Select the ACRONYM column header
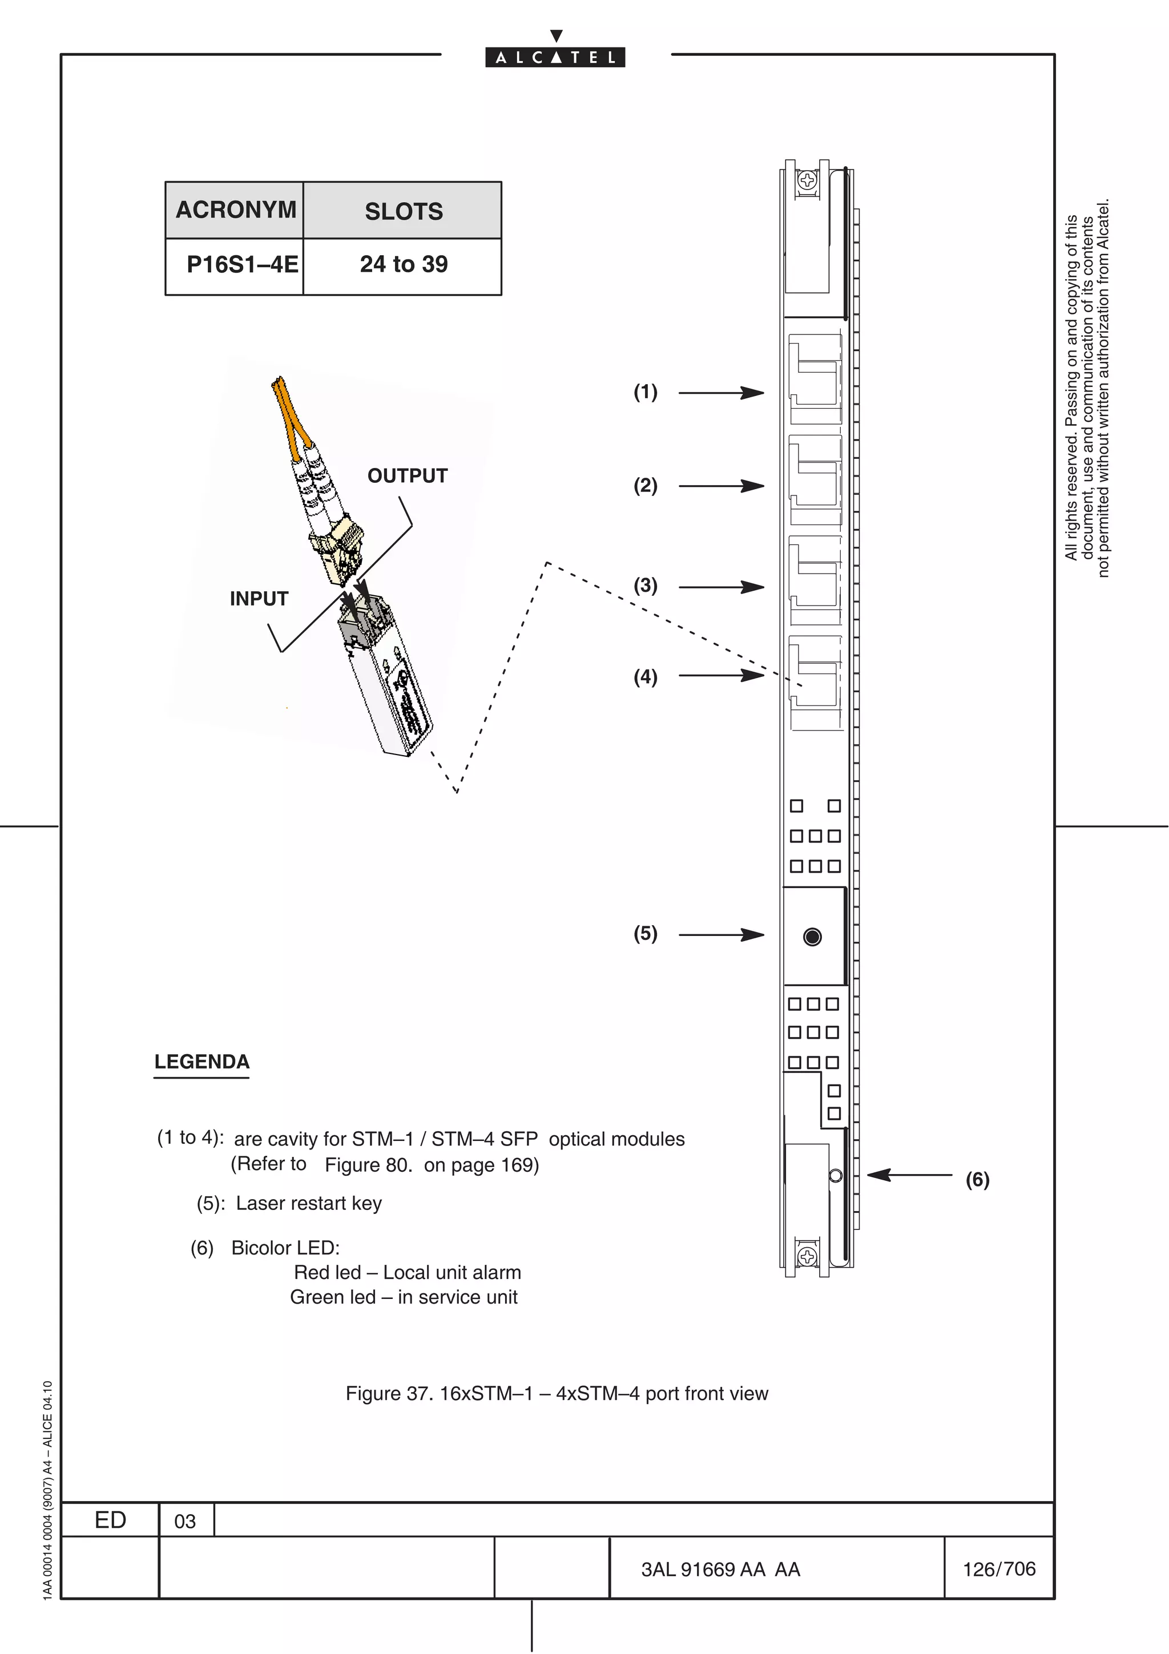pos(236,209)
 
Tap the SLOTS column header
pos(404,211)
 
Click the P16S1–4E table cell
pos(242,264)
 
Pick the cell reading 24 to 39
pos(404,264)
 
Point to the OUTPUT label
pos(407,475)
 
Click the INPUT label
pos(259,599)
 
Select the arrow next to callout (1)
pos(720,393)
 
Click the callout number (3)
pos(646,585)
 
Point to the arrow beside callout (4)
pos(720,675)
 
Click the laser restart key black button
pos(812,937)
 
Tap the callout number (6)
pos(977,1179)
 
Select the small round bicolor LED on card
pos(836,1176)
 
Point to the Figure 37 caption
pos(556,1393)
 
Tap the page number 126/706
pos(999,1569)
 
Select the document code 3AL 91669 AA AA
pos(720,1570)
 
